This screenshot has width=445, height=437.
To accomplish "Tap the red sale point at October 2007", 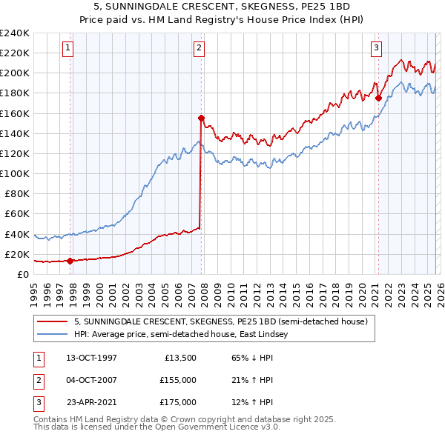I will [201, 118].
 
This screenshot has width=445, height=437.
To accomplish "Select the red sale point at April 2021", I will [378, 98].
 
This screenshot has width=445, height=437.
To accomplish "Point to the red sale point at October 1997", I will [70, 261].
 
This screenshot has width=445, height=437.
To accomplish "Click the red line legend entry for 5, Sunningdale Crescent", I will [220, 322].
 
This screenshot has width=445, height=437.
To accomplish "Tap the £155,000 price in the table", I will [178, 380].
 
